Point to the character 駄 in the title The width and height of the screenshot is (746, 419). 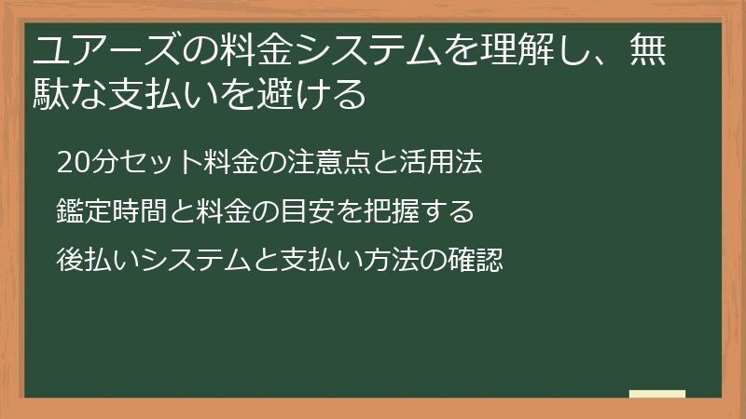coord(52,94)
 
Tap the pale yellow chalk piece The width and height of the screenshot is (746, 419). coord(657,394)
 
